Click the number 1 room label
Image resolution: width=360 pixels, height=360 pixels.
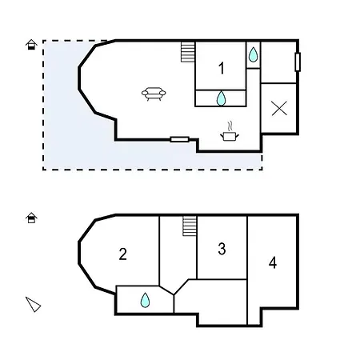pyautogui.click(x=222, y=69)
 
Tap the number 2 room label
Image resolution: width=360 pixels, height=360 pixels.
pyautogui.click(x=122, y=254)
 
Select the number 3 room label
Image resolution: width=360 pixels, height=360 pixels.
pyautogui.click(x=222, y=249)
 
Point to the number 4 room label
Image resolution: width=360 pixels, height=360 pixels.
pyautogui.click(x=273, y=262)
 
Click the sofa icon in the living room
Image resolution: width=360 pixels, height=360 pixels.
pyautogui.click(x=154, y=94)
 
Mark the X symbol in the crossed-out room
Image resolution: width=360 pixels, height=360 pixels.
pyautogui.click(x=279, y=109)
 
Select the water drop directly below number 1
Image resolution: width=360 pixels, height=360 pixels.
pyautogui.click(x=222, y=98)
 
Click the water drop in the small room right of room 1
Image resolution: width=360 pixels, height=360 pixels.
pyautogui.click(x=253, y=54)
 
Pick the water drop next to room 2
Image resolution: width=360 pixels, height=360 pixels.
pyautogui.click(x=145, y=300)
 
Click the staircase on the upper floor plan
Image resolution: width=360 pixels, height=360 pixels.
pyautogui.click(x=188, y=52)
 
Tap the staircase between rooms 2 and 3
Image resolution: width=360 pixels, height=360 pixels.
pyautogui.click(x=190, y=226)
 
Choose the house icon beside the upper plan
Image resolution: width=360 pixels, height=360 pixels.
pyautogui.click(x=31, y=44)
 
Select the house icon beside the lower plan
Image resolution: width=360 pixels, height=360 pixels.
pyautogui.click(x=31, y=217)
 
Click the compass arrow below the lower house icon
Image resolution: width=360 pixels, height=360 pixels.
pyautogui.click(x=33, y=303)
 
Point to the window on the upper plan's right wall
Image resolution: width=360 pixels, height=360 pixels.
pyautogui.click(x=298, y=62)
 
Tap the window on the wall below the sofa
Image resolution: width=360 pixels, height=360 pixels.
pyautogui.click(x=180, y=139)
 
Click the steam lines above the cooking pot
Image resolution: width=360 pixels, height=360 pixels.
pyautogui.click(x=230, y=126)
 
